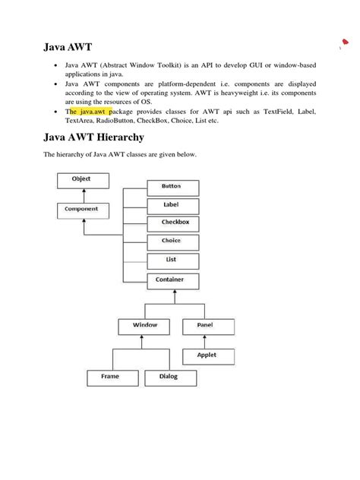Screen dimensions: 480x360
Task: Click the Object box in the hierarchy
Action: [x=82, y=180]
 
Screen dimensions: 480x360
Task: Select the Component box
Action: [x=82, y=209]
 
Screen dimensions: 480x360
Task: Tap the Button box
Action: [x=172, y=187]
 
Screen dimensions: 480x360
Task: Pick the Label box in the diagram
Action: [x=172, y=205]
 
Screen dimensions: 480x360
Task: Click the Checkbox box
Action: [x=172, y=223]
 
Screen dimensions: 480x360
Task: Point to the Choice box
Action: [x=172, y=242]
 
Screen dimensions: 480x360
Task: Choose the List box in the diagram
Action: [x=172, y=261]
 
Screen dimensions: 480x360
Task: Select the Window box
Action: [x=145, y=326]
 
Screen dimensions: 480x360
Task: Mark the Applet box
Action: [x=207, y=355]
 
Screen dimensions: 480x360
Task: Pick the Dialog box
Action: [x=169, y=377]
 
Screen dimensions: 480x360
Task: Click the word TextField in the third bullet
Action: [x=274, y=111]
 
